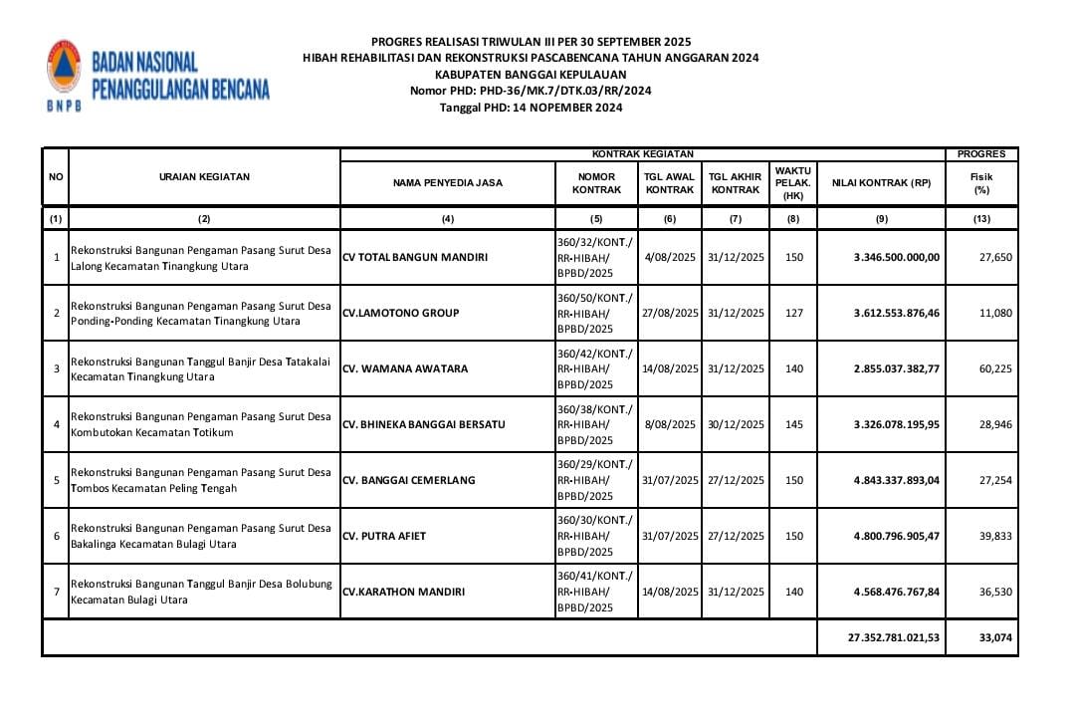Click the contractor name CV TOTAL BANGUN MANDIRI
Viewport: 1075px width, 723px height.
tap(415, 257)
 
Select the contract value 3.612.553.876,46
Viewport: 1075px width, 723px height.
tap(896, 313)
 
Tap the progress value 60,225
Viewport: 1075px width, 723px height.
tap(995, 368)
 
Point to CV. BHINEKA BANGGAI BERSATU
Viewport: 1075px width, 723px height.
tap(423, 424)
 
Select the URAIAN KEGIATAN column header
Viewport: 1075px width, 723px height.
tap(204, 176)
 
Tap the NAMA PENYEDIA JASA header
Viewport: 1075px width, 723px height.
tap(448, 183)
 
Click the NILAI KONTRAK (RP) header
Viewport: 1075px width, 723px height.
tap(881, 183)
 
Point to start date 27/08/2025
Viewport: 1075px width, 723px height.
tap(670, 313)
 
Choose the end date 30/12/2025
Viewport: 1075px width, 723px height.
tap(736, 424)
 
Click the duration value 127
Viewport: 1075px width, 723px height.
tap(793, 313)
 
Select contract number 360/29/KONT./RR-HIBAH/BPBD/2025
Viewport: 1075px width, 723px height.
tap(595, 480)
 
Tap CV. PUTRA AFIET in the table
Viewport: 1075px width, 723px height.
tap(384, 536)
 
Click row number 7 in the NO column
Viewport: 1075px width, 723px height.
tap(56, 592)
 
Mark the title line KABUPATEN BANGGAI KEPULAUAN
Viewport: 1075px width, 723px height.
tap(531, 74)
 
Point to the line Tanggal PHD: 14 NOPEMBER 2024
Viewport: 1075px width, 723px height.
tap(531, 107)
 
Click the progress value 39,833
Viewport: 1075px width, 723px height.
tap(995, 536)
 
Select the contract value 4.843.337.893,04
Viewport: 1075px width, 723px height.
tap(896, 480)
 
